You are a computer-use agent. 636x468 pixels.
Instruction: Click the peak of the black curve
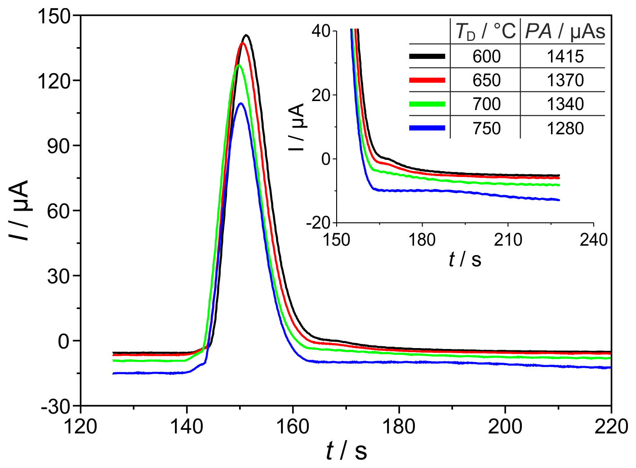[246, 35]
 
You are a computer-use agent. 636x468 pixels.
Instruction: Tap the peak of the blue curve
[241, 104]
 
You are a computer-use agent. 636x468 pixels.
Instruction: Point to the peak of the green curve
[239, 66]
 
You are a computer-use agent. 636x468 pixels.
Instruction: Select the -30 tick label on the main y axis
[56, 407]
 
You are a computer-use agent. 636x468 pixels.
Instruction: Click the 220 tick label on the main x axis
[610, 426]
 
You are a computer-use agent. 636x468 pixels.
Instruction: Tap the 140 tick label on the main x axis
[187, 426]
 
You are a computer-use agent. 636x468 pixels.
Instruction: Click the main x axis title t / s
[346, 450]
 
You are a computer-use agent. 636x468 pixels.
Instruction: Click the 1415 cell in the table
[565, 57]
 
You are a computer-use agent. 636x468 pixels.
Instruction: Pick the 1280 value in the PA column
[565, 128]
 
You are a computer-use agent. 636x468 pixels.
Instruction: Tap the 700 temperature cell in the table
[486, 104]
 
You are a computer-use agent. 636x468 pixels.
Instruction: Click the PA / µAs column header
[565, 31]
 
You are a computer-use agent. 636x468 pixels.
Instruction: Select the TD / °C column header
[485, 31]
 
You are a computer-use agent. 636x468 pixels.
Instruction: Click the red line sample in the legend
[427, 80]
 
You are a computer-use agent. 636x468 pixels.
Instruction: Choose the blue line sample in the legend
[427, 128]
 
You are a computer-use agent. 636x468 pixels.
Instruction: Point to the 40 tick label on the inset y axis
[321, 31]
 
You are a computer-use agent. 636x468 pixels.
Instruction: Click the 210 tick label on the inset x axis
[508, 240]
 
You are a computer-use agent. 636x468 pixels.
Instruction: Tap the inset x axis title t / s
[465, 260]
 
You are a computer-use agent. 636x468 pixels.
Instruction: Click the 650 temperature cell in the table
[486, 80]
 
